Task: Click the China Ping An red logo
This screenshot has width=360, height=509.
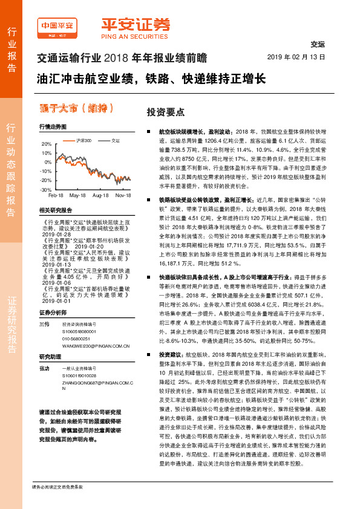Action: [59, 27]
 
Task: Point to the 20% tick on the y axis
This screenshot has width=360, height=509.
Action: [47, 144]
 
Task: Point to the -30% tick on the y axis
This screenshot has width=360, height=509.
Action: [47, 189]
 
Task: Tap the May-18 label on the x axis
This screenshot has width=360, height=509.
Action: [77, 196]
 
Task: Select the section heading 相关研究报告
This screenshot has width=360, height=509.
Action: [55, 210]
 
